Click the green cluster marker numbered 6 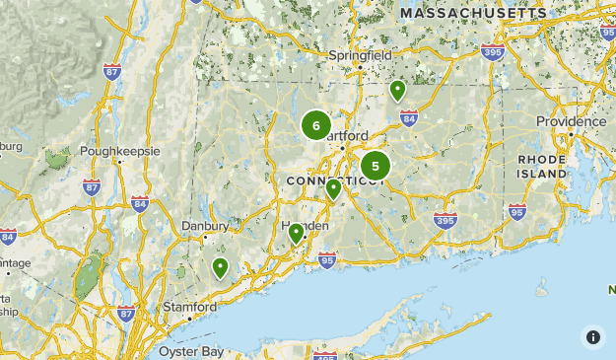316,125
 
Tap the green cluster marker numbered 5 376,167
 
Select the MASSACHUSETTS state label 474,13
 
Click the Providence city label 571,121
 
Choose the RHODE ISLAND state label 543,166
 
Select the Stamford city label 189,307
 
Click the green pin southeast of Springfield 397,91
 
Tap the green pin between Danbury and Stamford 220,267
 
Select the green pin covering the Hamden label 296,233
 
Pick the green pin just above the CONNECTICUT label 334,188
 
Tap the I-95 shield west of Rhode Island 517,212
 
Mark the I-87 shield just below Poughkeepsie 93,187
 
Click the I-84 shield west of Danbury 139,204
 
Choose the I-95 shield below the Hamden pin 327,260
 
